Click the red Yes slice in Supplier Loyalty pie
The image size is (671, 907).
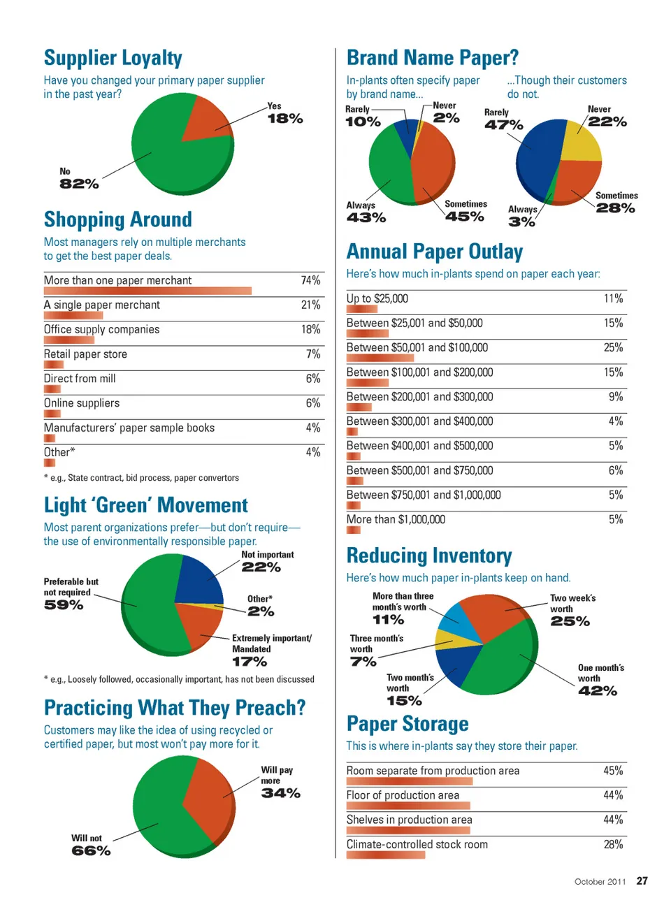pos(207,119)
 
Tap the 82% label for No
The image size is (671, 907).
pos(79,184)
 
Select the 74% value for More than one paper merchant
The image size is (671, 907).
pos(310,280)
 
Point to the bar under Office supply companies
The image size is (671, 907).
pos(68,340)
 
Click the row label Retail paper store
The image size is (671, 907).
pos(85,354)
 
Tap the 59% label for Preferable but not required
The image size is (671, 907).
pos(64,605)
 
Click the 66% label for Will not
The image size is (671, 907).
pos(91,850)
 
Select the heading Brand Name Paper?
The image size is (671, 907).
pos(433,57)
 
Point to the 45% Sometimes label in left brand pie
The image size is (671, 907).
pos(465,217)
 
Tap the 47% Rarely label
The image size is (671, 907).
pos(504,125)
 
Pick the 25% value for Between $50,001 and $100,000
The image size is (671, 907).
pos(613,347)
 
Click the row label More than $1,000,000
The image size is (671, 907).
pos(396,519)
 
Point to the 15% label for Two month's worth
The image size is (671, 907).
pos(404,701)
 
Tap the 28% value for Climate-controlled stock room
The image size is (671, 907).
pos(613,844)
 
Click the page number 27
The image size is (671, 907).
pos(642,881)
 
